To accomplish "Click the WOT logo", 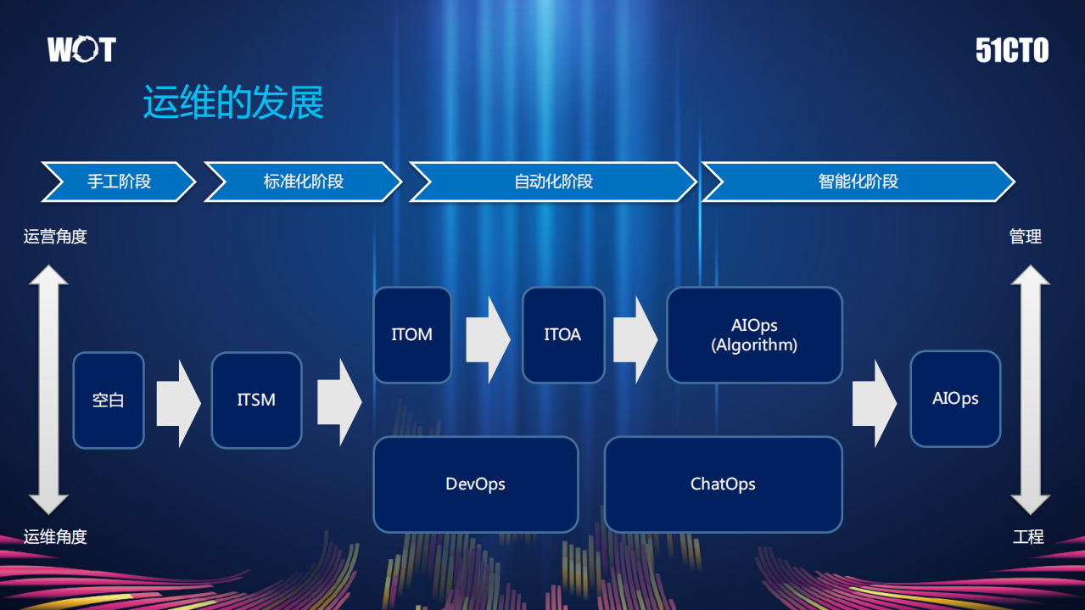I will pos(81,50).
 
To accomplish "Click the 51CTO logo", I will pos(1012,51).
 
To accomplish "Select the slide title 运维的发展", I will pos(233,103).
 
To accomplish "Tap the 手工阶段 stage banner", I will pos(119,182).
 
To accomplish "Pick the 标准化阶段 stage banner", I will pos(303,182).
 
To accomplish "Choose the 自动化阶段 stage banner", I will pos(553,182).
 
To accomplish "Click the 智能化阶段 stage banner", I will pos(858,182).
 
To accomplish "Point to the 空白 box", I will pos(109,400).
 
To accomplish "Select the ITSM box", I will pos(256,400).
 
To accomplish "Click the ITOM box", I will pos(412,334).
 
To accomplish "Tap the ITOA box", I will pos(562,334).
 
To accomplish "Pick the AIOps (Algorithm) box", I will pos(754,334).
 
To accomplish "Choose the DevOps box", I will pos(475,484).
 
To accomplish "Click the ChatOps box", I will pos(723,484).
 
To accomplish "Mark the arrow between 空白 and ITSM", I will pos(178,402).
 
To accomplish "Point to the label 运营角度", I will pos(55,237).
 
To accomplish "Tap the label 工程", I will pos(1028,537).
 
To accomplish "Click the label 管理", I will pos(1026,237).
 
